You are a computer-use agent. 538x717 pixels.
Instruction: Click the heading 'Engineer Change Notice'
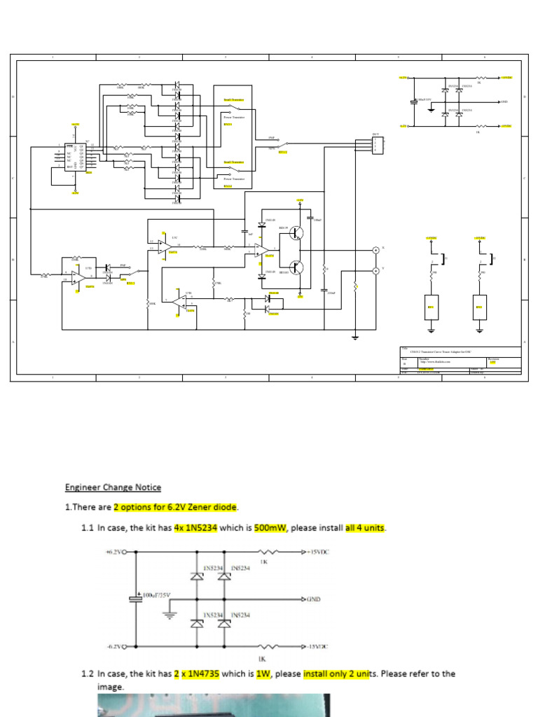[x=113, y=487]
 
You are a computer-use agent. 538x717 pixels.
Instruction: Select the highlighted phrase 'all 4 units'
[x=365, y=527]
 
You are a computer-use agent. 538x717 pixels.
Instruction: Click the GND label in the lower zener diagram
[x=314, y=599]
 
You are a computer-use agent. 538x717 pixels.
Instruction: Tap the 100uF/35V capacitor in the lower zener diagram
[x=137, y=599]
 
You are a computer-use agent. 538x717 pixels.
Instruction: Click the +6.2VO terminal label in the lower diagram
[x=116, y=552]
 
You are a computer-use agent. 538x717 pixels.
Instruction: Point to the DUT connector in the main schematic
[x=378, y=145]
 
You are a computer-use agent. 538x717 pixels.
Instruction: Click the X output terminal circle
[x=375, y=250]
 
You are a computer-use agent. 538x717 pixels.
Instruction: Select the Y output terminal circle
[x=375, y=270]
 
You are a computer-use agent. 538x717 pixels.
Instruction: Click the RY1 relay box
[x=431, y=307]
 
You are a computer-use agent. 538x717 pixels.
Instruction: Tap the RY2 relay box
[x=479, y=307]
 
